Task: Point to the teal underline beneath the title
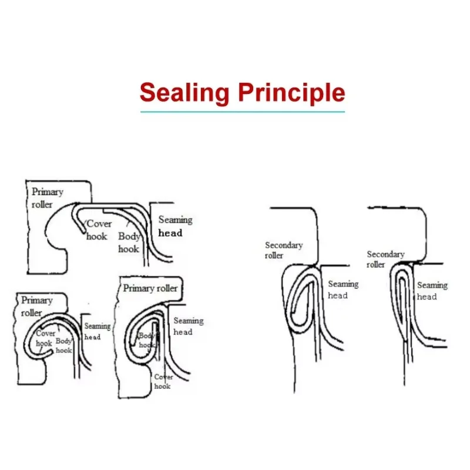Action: [x=242, y=111]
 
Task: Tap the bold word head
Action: [x=171, y=233]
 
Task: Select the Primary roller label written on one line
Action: [x=150, y=288]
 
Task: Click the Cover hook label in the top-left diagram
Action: [x=98, y=230]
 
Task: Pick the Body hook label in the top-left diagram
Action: [x=129, y=243]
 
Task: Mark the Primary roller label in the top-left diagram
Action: [x=47, y=198]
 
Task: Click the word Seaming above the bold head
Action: [x=175, y=220]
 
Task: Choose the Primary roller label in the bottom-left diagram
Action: [x=37, y=306]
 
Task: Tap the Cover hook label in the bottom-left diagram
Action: [x=45, y=338]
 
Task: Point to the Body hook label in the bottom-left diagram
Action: [x=63, y=345]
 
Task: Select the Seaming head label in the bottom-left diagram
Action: [x=97, y=331]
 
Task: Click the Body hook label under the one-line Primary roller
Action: [x=147, y=340]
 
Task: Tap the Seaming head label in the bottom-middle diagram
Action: [x=188, y=326]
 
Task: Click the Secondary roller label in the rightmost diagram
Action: [x=385, y=259]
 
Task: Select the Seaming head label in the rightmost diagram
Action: [x=432, y=291]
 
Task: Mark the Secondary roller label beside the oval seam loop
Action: [x=283, y=250]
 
